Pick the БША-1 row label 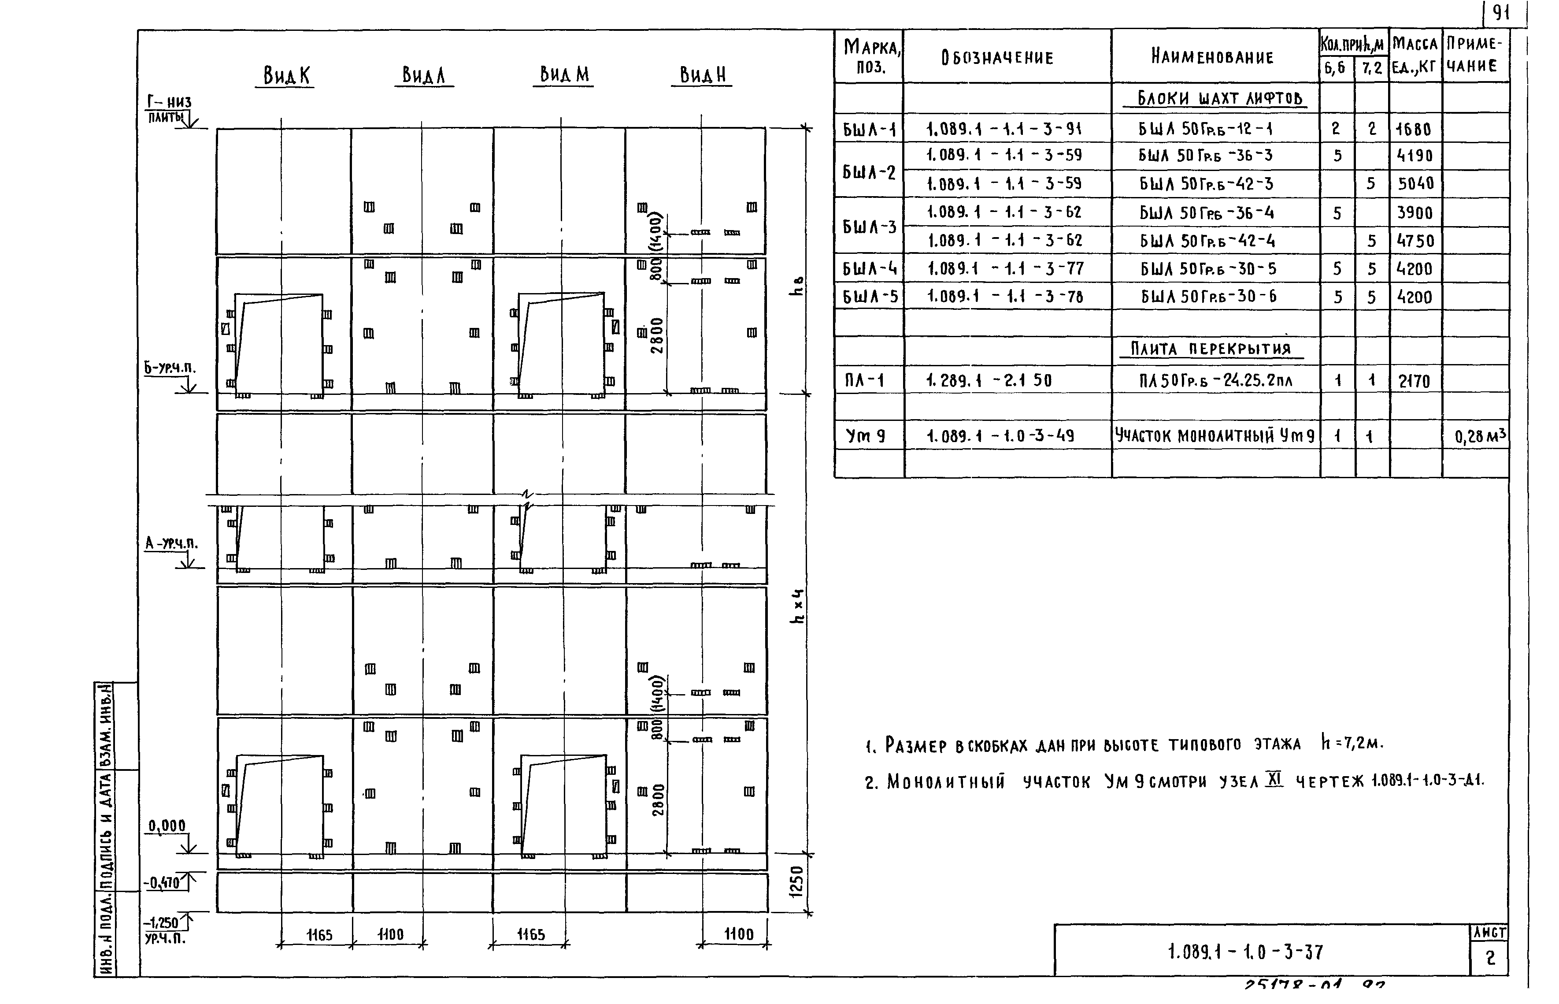pyautogui.click(x=869, y=130)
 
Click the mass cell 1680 pyautogui.click(x=1413, y=130)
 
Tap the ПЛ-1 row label pyautogui.click(x=864, y=380)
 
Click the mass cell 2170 pyautogui.click(x=1414, y=381)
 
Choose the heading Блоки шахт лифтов pyautogui.click(x=1219, y=98)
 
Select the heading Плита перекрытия pyautogui.click(x=1211, y=349)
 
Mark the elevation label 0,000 pyautogui.click(x=167, y=826)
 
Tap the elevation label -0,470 pyautogui.click(x=162, y=883)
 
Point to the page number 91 pyautogui.click(x=1501, y=13)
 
